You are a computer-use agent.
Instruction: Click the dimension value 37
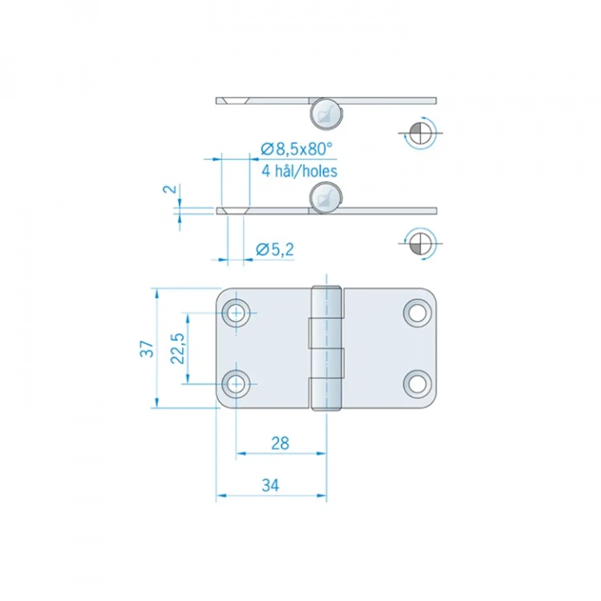(x=147, y=349)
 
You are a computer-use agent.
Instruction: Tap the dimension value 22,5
(x=177, y=349)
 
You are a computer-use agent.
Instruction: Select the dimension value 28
(x=280, y=443)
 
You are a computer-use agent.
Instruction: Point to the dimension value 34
(x=270, y=485)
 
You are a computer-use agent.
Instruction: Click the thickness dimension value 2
(x=170, y=189)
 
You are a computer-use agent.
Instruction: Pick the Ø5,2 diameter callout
(x=275, y=249)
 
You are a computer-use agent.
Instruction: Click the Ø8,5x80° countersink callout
(x=296, y=149)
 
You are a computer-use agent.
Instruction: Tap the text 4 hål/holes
(x=299, y=171)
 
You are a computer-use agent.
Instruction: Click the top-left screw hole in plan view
(x=236, y=313)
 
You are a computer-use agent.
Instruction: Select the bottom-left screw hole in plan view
(x=236, y=384)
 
